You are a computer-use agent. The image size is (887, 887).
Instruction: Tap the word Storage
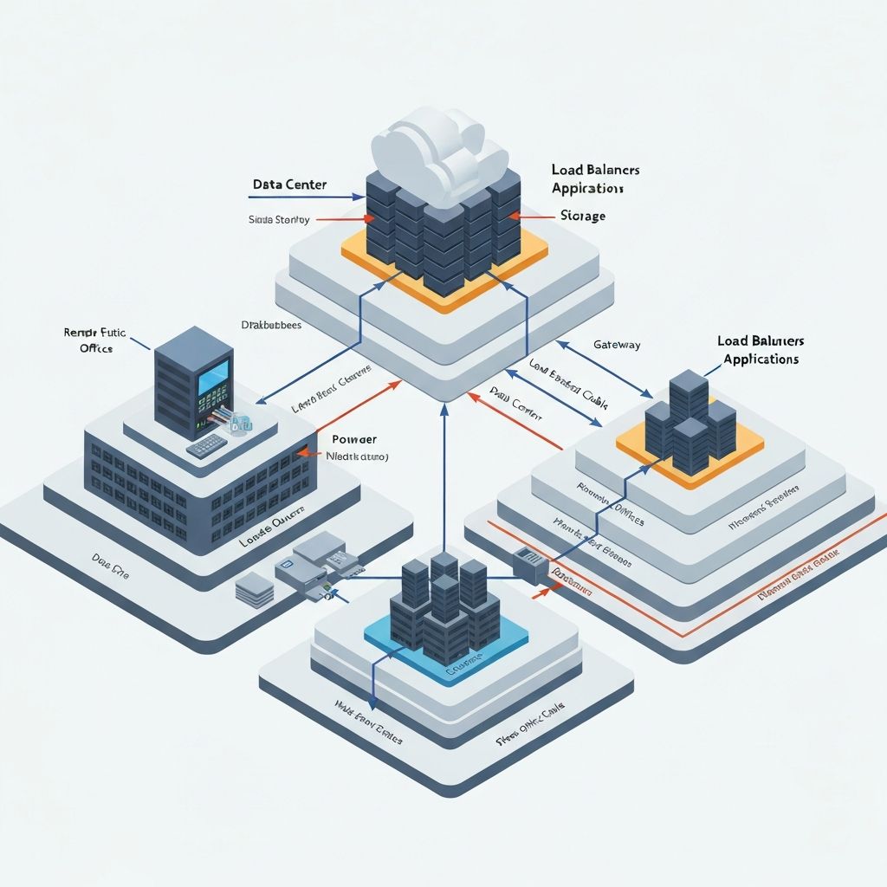pyautogui.click(x=582, y=216)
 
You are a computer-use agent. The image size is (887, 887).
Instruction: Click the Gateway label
pyautogui.click(x=616, y=345)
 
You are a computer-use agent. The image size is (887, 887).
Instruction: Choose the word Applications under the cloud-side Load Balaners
pyautogui.click(x=586, y=188)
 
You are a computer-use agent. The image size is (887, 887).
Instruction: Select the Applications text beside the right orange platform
pyautogui.click(x=761, y=359)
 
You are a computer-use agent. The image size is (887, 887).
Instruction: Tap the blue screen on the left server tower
pyautogui.click(x=213, y=378)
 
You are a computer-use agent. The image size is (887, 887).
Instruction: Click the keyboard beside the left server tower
pyautogui.click(x=206, y=445)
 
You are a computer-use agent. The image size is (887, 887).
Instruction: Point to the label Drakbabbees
pyautogui.click(x=270, y=325)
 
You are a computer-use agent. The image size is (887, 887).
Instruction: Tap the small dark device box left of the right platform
pyautogui.click(x=529, y=564)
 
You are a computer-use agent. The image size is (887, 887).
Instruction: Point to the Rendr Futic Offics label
pyautogui.click(x=94, y=340)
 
